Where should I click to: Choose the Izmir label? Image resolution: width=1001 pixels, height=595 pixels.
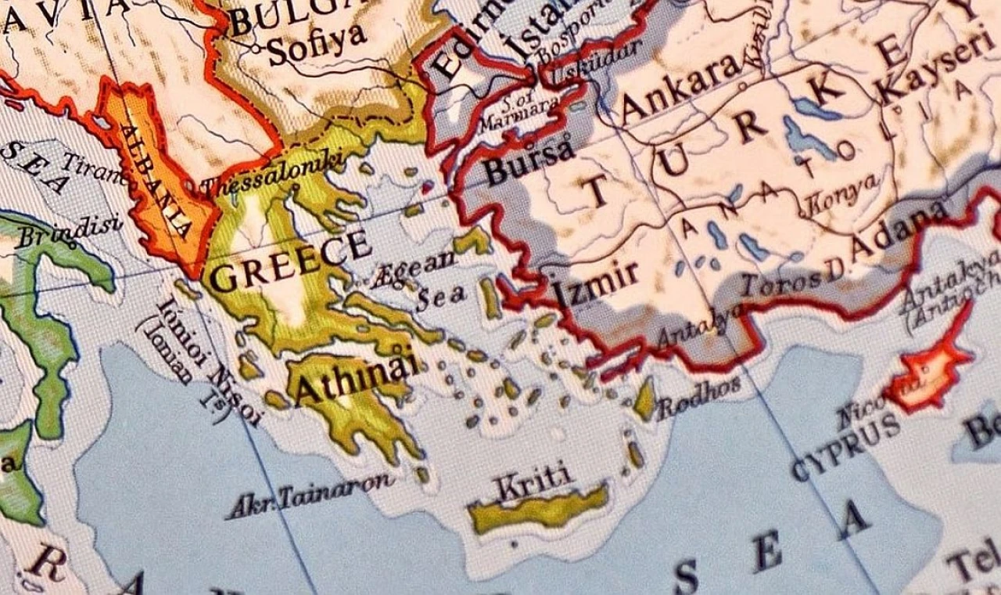pos(596,283)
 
